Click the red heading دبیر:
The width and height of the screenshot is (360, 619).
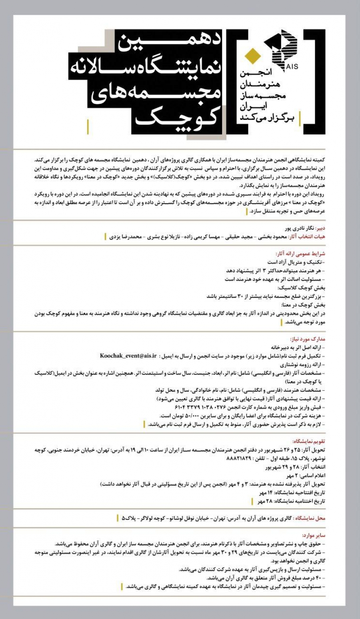pyautogui.click(x=320, y=229)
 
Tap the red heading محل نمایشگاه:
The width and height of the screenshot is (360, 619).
pyautogui.click(x=310, y=518)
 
